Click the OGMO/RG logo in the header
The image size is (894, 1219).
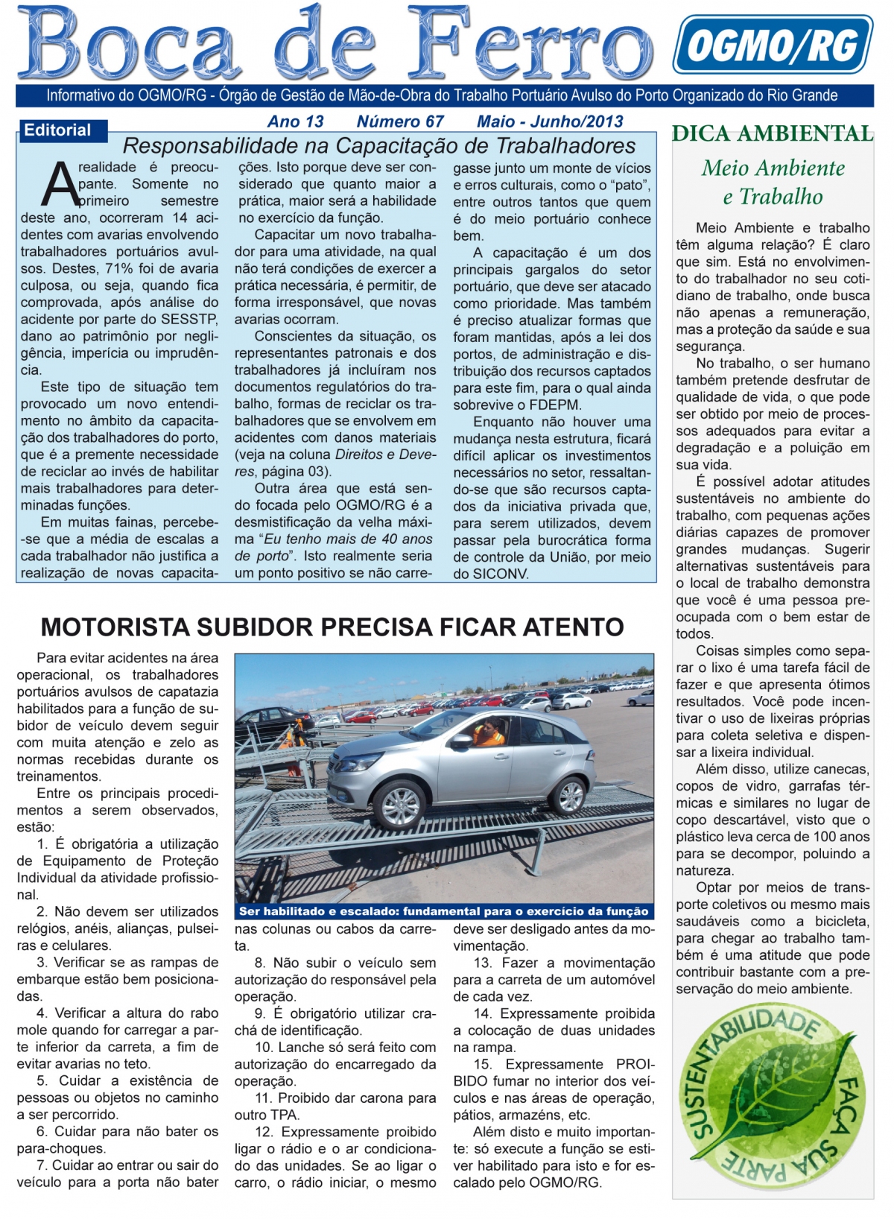773,45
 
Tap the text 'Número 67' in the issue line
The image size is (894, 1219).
400,121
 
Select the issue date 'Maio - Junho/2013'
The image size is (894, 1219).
550,121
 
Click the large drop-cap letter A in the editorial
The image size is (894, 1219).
59,184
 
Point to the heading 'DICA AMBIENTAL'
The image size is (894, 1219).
772,134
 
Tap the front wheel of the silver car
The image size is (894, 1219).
400,805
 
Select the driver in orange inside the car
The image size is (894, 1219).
489,732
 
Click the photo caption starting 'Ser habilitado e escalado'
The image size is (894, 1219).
444,911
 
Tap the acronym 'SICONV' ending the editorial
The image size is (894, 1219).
501,574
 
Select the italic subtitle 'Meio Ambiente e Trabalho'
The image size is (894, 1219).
773,183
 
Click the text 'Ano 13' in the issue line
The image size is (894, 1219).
296,121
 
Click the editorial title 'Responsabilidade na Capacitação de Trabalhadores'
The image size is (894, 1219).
379,145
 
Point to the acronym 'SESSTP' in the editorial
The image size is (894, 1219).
192,319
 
